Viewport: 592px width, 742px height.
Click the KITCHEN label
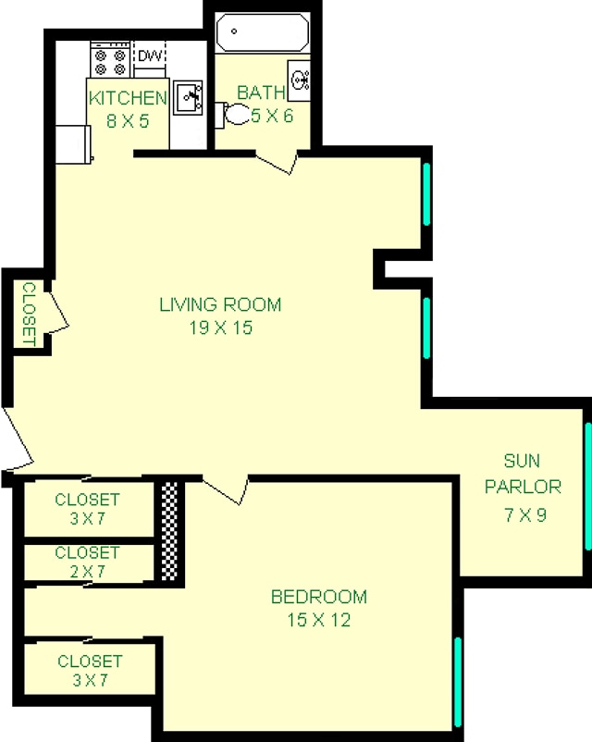tap(127, 97)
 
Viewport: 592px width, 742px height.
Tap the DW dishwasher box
tap(149, 56)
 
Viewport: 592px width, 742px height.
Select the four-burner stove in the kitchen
tap(109, 61)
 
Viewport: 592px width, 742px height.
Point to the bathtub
tap(261, 34)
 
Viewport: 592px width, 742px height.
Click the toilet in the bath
tap(235, 114)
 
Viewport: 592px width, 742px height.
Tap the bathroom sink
tap(299, 78)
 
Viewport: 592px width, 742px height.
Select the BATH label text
tap(261, 93)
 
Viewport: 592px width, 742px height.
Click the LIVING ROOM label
tap(220, 304)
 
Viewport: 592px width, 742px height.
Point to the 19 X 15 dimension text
tap(219, 328)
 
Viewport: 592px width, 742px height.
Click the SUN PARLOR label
tap(531, 474)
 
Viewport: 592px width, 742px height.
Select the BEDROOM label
tap(318, 597)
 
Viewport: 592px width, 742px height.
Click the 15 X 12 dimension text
tap(318, 620)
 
